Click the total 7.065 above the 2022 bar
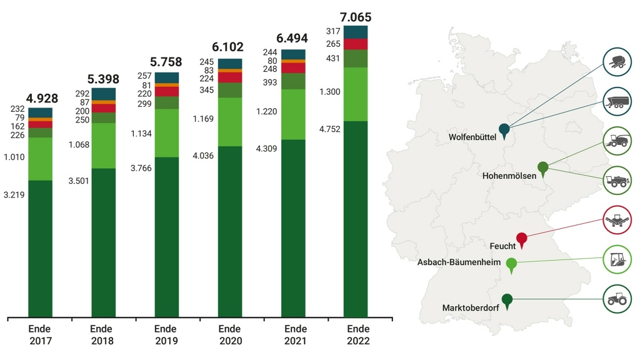pyautogui.click(x=355, y=17)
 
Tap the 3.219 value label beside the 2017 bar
pyautogui.click(x=14, y=195)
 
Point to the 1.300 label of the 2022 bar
pyautogui.click(x=330, y=92)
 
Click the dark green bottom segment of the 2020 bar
pyautogui.click(x=231, y=231)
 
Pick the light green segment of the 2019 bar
pyautogui.click(x=167, y=132)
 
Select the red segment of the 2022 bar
pyautogui.click(x=356, y=44)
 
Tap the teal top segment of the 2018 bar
pyautogui.click(x=104, y=94)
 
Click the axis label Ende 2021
pyautogui.click(x=294, y=335)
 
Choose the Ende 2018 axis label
pyautogui.click(x=101, y=335)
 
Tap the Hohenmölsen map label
pyautogui.click(x=509, y=176)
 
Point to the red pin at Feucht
pyautogui.click(x=522, y=239)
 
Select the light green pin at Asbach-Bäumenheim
pyautogui.click(x=511, y=264)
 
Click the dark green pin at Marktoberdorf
pyautogui.click(x=507, y=300)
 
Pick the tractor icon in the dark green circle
pyautogui.click(x=617, y=299)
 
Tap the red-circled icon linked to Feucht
pyautogui.click(x=617, y=219)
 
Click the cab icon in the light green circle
pyautogui.click(x=617, y=259)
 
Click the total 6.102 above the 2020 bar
pyautogui.click(x=227, y=47)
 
